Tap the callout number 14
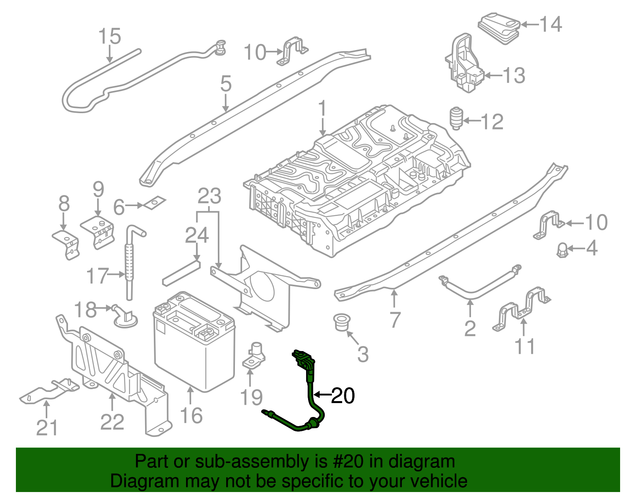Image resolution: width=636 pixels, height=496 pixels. [551, 24]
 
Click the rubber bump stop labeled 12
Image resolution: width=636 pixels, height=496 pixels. [456, 118]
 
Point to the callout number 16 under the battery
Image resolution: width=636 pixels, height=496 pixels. [191, 415]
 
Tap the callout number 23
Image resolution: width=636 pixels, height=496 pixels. [209, 196]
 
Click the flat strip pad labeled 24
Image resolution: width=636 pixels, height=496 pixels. [181, 273]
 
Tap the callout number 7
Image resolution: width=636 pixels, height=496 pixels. [394, 320]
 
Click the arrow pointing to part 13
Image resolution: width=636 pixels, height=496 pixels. [493, 75]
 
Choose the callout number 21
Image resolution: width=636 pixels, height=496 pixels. [47, 427]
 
